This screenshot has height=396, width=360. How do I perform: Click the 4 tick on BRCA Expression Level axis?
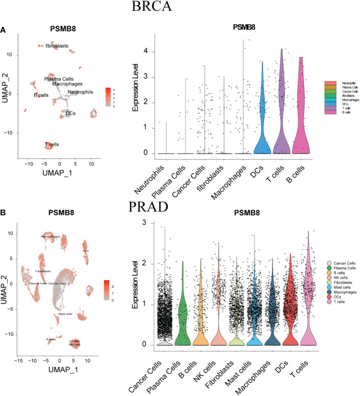point(145,51)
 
